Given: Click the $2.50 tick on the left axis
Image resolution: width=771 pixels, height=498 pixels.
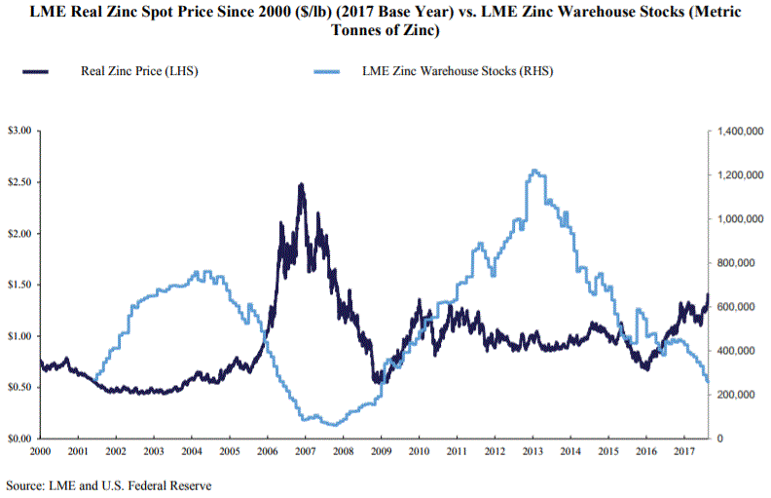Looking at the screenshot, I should coord(20,182).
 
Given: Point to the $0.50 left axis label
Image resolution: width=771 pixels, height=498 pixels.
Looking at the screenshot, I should coord(20,387).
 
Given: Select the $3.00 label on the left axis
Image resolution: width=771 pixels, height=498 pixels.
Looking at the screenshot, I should coord(20,131).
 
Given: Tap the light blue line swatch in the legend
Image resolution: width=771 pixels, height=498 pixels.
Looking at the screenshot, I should coord(330,71).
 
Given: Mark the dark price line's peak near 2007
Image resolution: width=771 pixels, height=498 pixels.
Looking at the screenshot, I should coord(302,184).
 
